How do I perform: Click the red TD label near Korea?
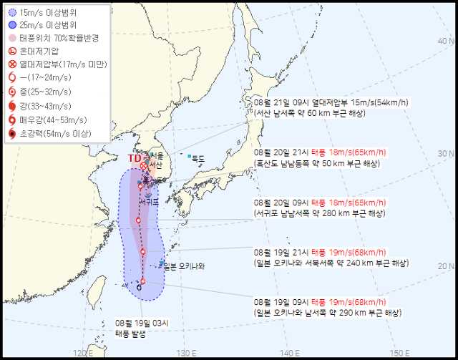click(135, 158)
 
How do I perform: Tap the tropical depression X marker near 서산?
click(143, 166)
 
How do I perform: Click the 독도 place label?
click(197, 157)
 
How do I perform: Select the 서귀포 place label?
click(150, 203)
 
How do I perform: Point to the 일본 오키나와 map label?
click(184, 267)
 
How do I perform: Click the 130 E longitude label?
click(187, 352)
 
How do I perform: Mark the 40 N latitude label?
click(447, 41)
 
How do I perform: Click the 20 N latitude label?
click(447, 266)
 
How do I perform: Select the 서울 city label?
click(157, 156)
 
